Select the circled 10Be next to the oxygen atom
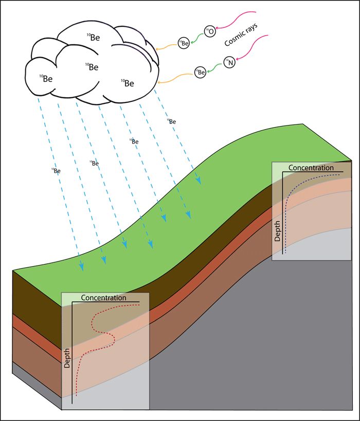tap(184, 44)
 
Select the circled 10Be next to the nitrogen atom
tap(201, 74)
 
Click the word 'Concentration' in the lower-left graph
tap(103, 297)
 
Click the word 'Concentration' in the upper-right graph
tap(311, 168)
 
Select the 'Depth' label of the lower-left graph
tap(66, 358)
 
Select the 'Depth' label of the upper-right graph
tap(277, 232)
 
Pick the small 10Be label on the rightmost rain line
tap(172, 121)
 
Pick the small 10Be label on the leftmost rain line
tap(57, 170)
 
